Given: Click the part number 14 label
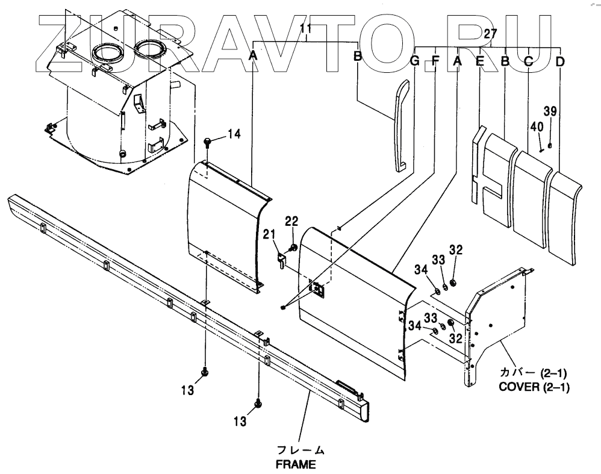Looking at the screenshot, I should click(x=233, y=134).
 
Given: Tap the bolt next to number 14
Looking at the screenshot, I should click(x=208, y=142).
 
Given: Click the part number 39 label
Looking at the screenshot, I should click(x=550, y=111).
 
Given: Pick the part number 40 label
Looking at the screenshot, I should click(x=537, y=127).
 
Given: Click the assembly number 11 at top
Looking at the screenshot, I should click(x=305, y=28).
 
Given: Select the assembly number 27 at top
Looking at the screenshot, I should click(x=491, y=34).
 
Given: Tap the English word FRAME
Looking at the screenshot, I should click(x=296, y=464).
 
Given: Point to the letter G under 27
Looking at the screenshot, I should click(x=414, y=60).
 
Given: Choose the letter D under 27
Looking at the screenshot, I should click(x=560, y=61).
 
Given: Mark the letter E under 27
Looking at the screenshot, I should click(x=479, y=61).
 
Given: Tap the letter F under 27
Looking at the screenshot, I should click(x=435, y=60).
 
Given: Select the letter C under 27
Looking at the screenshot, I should click(x=528, y=61).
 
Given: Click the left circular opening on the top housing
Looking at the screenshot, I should click(x=109, y=54).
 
